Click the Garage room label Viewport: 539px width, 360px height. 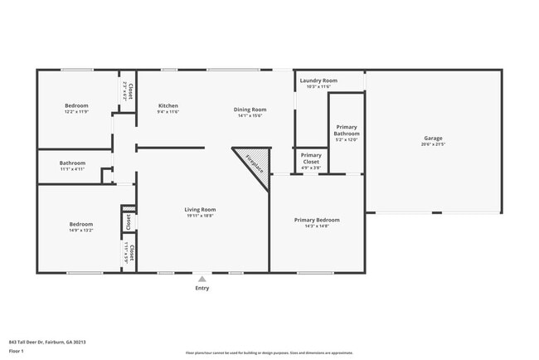(433, 138)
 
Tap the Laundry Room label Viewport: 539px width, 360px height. (318, 80)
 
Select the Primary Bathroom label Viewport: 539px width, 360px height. (347, 130)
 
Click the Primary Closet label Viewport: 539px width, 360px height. (311, 155)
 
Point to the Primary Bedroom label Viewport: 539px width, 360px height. (317, 220)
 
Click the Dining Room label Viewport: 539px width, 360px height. (250, 109)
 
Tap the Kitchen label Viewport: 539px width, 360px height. (168, 105)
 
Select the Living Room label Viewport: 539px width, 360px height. (200, 209)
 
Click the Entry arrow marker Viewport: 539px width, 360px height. (202, 279)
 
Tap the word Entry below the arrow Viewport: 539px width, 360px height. (202, 288)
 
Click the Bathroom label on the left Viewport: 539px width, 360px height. (72, 163)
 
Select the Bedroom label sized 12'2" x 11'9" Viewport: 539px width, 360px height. (77, 105)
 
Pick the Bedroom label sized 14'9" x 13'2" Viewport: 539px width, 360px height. (80, 224)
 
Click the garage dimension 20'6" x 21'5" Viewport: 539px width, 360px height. (433, 144)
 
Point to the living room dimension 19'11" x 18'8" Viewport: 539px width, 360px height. (200, 216)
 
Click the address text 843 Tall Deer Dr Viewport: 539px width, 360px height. (47, 342)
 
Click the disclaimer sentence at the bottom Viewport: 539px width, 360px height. (269, 353)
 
